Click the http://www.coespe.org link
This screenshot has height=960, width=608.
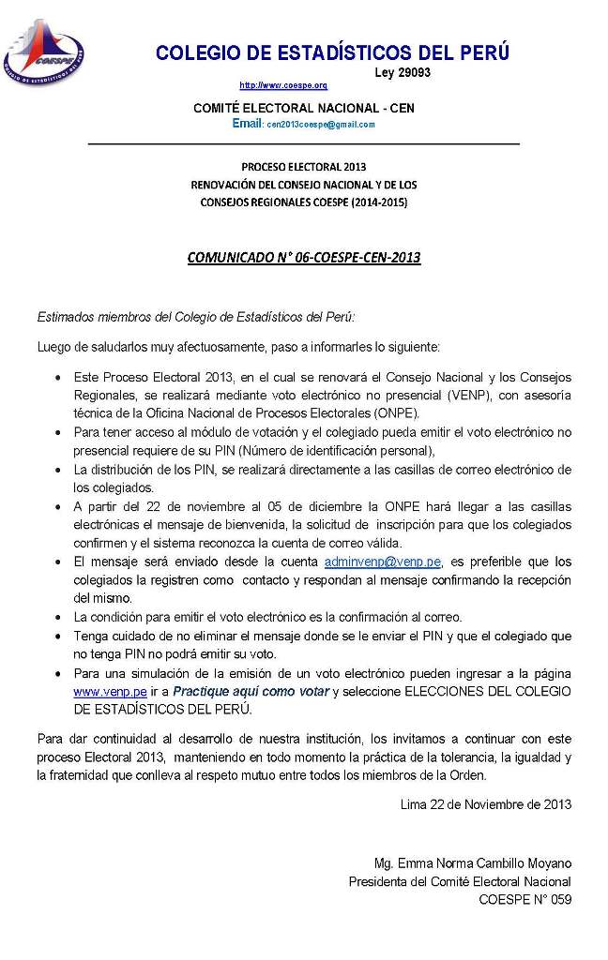pyautogui.click(x=283, y=85)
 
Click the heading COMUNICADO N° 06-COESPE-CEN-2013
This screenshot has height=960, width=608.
pyautogui.click(x=304, y=257)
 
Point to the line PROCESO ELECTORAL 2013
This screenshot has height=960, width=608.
pyautogui.click(x=303, y=167)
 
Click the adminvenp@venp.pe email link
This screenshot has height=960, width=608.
pyautogui.click(x=382, y=562)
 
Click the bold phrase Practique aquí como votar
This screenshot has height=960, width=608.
pyautogui.click(x=251, y=691)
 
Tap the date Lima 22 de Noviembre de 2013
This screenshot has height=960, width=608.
pyautogui.click(x=485, y=803)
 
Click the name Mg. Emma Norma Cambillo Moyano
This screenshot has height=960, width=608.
pyautogui.click(x=472, y=862)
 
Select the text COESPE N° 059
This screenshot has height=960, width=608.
pyautogui.click(x=524, y=900)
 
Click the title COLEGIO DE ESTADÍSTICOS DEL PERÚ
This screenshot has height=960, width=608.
pyautogui.click(x=332, y=52)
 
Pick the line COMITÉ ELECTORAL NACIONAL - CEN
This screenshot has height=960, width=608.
pyautogui.click(x=303, y=108)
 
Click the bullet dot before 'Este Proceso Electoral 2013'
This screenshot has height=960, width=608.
pyautogui.click(x=59, y=377)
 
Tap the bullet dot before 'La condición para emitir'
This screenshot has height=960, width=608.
pyautogui.click(x=59, y=618)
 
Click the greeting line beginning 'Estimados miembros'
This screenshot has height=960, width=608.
pyautogui.click(x=196, y=317)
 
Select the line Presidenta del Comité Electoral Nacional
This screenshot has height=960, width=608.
pyautogui.click(x=459, y=881)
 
